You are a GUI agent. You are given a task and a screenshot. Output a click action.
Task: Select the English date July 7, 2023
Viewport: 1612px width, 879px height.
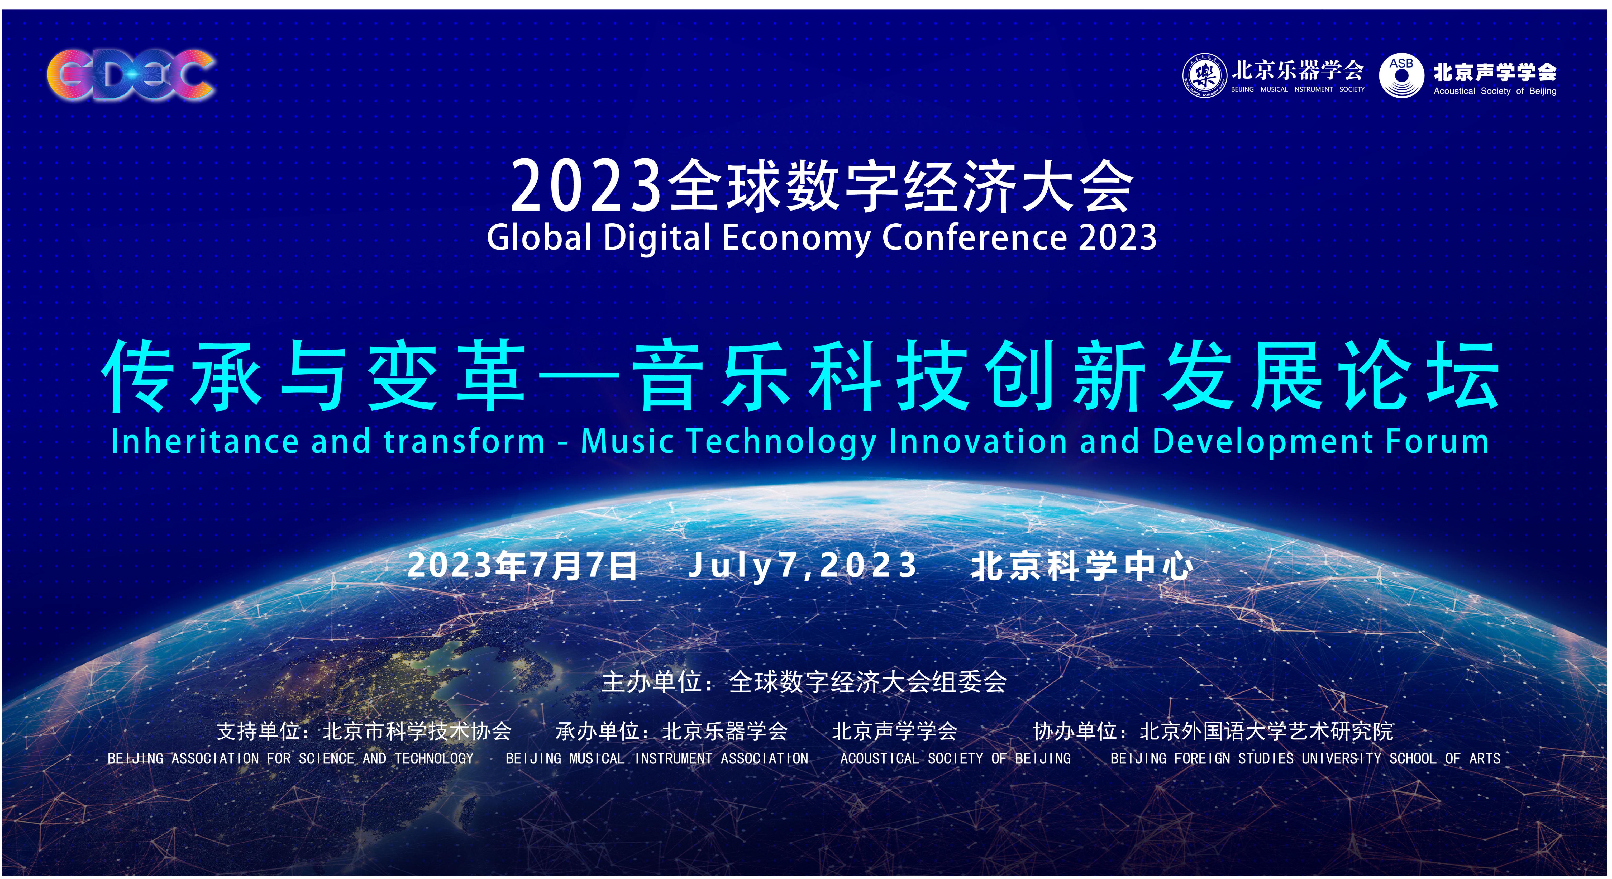[x=803, y=566]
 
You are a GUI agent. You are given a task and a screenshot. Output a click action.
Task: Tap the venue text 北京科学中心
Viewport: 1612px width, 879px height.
[x=1081, y=566]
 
